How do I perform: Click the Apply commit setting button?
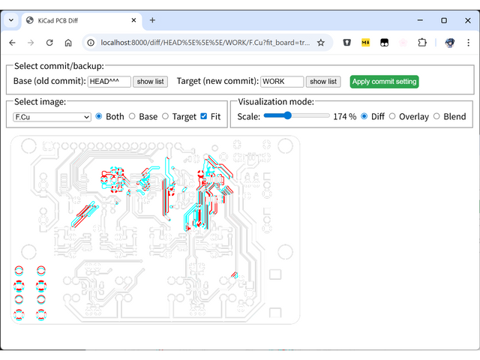point(384,82)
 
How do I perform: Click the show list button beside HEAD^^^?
point(150,82)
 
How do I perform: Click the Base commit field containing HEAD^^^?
point(109,82)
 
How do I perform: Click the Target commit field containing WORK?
point(282,82)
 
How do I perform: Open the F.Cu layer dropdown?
point(52,117)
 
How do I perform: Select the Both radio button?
point(99,116)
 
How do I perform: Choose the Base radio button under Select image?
point(132,116)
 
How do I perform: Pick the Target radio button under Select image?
point(165,116)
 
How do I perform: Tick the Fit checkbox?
point(204,116)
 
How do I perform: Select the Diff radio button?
point(364,116)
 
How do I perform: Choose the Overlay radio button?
point(392,116)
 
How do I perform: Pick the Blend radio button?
point(436,116)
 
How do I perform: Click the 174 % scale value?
point(344,117)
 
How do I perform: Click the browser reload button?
point(49,43)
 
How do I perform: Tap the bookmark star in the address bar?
point(321,43)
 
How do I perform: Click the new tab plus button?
point(152,20)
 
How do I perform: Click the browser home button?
point(68,43)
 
